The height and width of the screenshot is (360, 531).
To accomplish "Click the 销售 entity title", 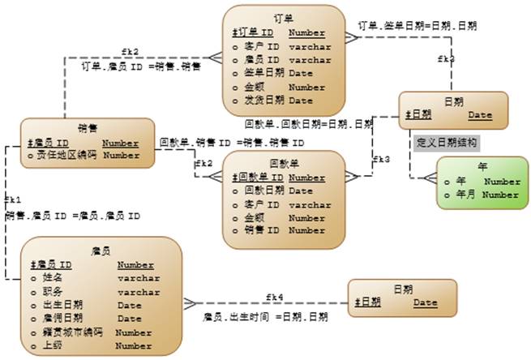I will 88,127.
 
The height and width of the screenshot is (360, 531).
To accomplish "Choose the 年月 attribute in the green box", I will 469,195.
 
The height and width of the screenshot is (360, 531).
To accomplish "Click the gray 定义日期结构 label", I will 446,143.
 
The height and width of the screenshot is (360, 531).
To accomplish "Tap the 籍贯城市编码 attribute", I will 66,332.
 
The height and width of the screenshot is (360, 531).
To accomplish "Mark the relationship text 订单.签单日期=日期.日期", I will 418,26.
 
